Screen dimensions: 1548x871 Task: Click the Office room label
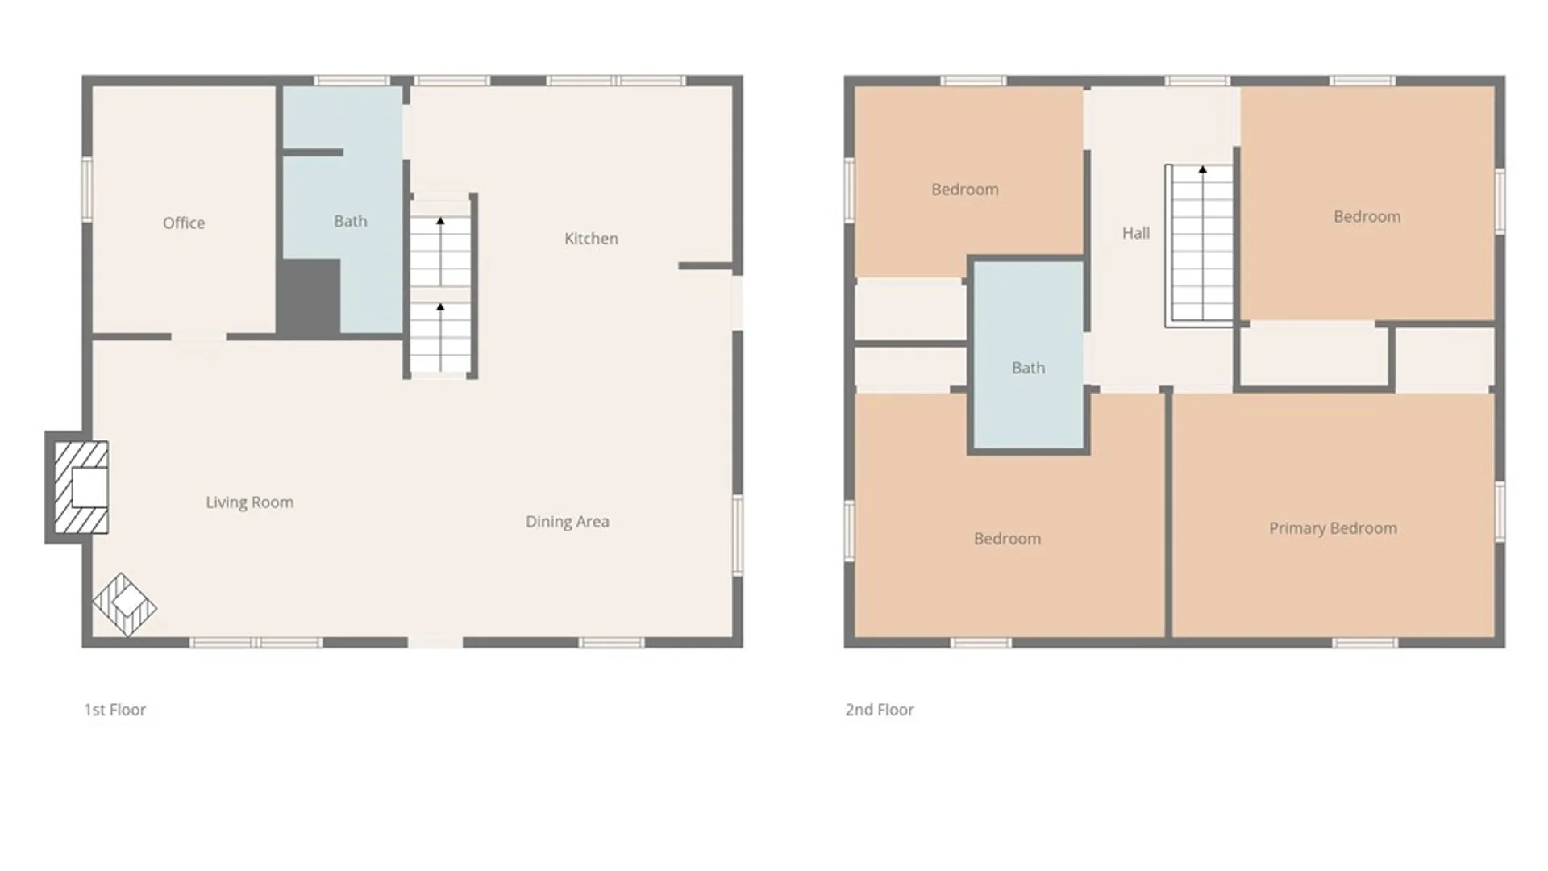point(184,223)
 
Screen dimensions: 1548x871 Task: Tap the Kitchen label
point(591,239)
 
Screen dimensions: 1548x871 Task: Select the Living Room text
point(249,502)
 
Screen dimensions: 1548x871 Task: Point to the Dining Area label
point(568,522)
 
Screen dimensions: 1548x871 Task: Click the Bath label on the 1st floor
point(351,221)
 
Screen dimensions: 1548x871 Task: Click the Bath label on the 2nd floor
point(1028,368)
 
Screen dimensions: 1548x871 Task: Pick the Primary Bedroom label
point(1333,528)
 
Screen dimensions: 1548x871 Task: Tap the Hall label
point(1136,233)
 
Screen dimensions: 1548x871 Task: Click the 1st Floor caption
point(115,710)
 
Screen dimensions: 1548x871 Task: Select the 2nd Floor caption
point(880,710)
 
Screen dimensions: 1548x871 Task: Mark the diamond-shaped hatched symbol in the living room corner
point(124,604)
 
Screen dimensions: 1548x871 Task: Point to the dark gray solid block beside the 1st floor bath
point(310,297)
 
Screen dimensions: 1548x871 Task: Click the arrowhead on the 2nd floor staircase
point(1202,169)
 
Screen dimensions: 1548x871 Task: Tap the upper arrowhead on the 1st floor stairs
point(440,221)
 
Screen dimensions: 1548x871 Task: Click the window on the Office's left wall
point(87,190)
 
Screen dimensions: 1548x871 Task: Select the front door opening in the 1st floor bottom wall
point(435,642)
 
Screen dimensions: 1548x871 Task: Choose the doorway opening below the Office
point(198,337)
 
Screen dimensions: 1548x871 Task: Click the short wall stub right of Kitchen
point(705,265)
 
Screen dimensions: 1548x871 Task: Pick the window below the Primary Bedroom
point(1364,643)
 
